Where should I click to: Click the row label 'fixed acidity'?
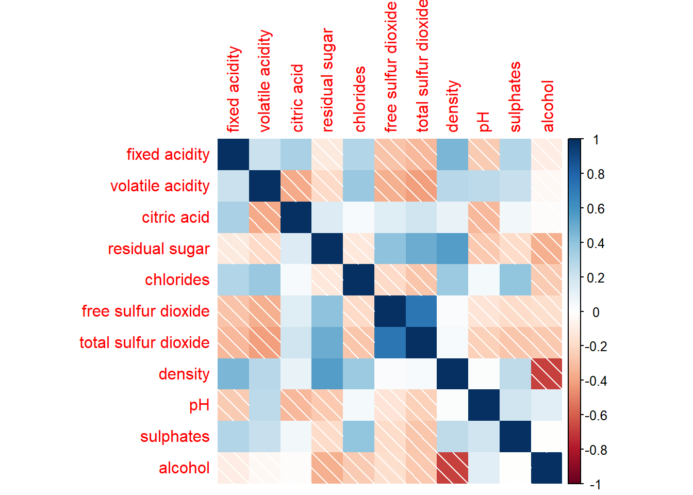point(168,154)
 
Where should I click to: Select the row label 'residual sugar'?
point(158,249)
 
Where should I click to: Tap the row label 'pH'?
point(199,405)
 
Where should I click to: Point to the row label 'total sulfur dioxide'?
point(144,342)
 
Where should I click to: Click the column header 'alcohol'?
point(548,106)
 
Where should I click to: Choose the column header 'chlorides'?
point(359,99)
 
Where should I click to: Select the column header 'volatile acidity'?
point(265,80)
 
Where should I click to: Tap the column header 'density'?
point(453,106)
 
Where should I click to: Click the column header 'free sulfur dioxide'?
point(391,67)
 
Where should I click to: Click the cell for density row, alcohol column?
point(547,374)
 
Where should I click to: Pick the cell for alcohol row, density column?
point(453,468)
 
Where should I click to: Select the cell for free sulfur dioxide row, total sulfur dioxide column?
point(421,311)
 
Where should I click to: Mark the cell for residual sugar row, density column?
point(453,249)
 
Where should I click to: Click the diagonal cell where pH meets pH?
point(484,405)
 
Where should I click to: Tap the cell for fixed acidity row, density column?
point(453,154)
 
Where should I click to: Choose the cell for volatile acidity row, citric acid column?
point(296,186)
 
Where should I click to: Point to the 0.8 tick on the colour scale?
point(596,174)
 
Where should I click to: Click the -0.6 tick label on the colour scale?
point(596,416)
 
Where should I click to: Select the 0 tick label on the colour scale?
point(596,312)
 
